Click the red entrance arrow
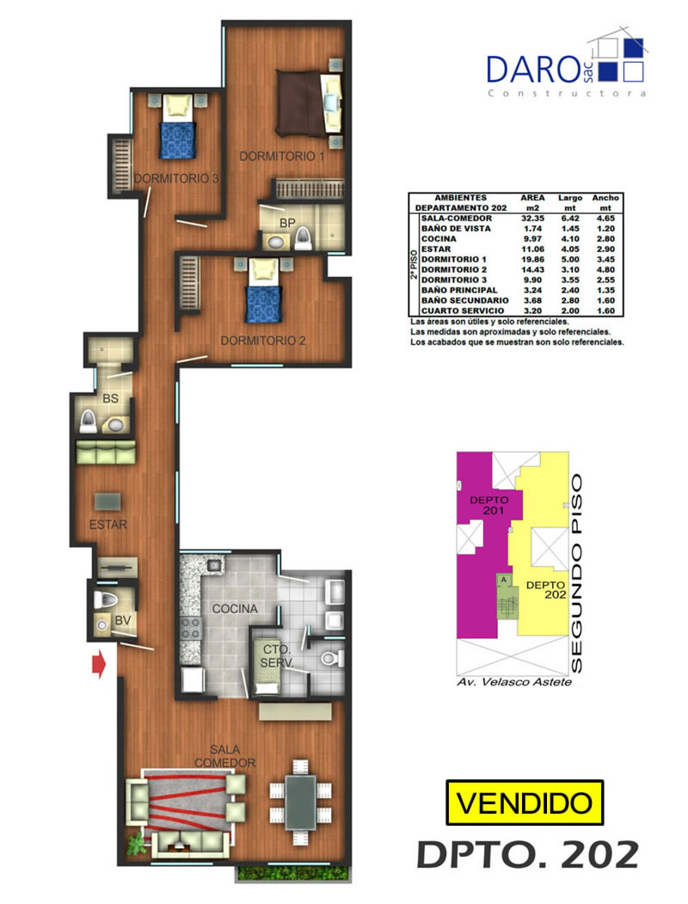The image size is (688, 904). click(99, 664)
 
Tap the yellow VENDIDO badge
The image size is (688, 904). click(525, 803)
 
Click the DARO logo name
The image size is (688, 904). click(532, 69)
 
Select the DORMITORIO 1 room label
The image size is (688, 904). click(282, 157)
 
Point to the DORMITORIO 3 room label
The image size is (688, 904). click(176, 179)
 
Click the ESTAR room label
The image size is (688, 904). click(107, 525)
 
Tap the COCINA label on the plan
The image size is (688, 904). click(235, 609)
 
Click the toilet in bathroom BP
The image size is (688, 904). click(303, 237)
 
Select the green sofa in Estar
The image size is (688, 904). click(106, 452)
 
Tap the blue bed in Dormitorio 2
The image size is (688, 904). click(264, 297)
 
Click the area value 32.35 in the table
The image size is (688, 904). click(532, 218)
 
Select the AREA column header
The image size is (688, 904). click(532, 198)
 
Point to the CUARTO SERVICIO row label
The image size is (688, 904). click(462, 311)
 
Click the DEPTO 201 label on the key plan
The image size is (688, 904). click(488, 505)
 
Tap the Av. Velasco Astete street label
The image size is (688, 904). click(514, 682)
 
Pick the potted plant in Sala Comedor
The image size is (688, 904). click(136, 846)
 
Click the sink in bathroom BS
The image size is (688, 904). click(115, 426)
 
